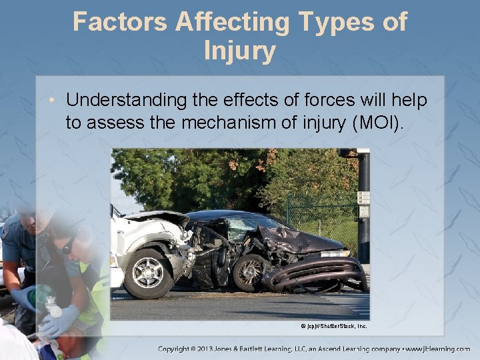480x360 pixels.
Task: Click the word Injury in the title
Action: click(x=240, y=51)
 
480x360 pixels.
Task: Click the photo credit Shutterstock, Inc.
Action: click(x=333, y=326)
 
